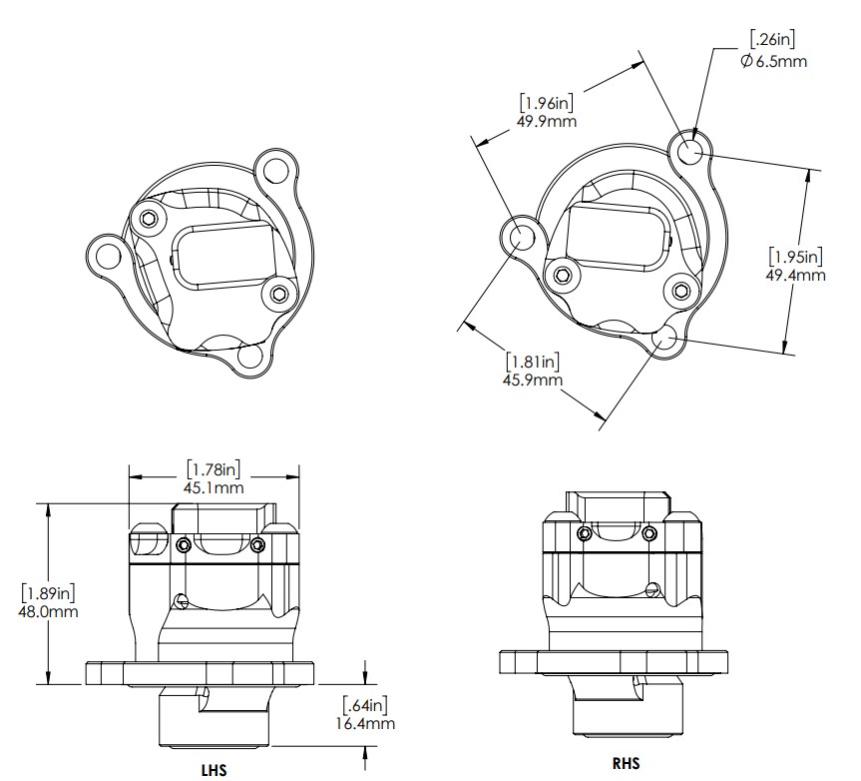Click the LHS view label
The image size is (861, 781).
(x=214, y=771)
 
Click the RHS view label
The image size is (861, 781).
(x=627, y=763)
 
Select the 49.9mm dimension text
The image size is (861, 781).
(x=548, y=121)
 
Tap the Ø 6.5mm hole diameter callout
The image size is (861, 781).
(x=773, y=61)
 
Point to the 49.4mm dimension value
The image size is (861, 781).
(x=794, y=275)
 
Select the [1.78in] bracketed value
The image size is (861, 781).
(x=215, y=467)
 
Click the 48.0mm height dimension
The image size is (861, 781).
(x=49, y=611)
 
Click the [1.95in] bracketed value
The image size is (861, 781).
(x=794, y=256)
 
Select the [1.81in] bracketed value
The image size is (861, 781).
(x=533, y=362)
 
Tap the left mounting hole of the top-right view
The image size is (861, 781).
(x=522, y=236)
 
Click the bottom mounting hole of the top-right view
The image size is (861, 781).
(x=665, y=340)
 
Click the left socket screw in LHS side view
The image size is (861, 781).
(x=185, y=545)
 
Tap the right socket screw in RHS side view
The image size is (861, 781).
(x=650, y=532)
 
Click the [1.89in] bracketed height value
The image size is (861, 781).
(x=49, y=592)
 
